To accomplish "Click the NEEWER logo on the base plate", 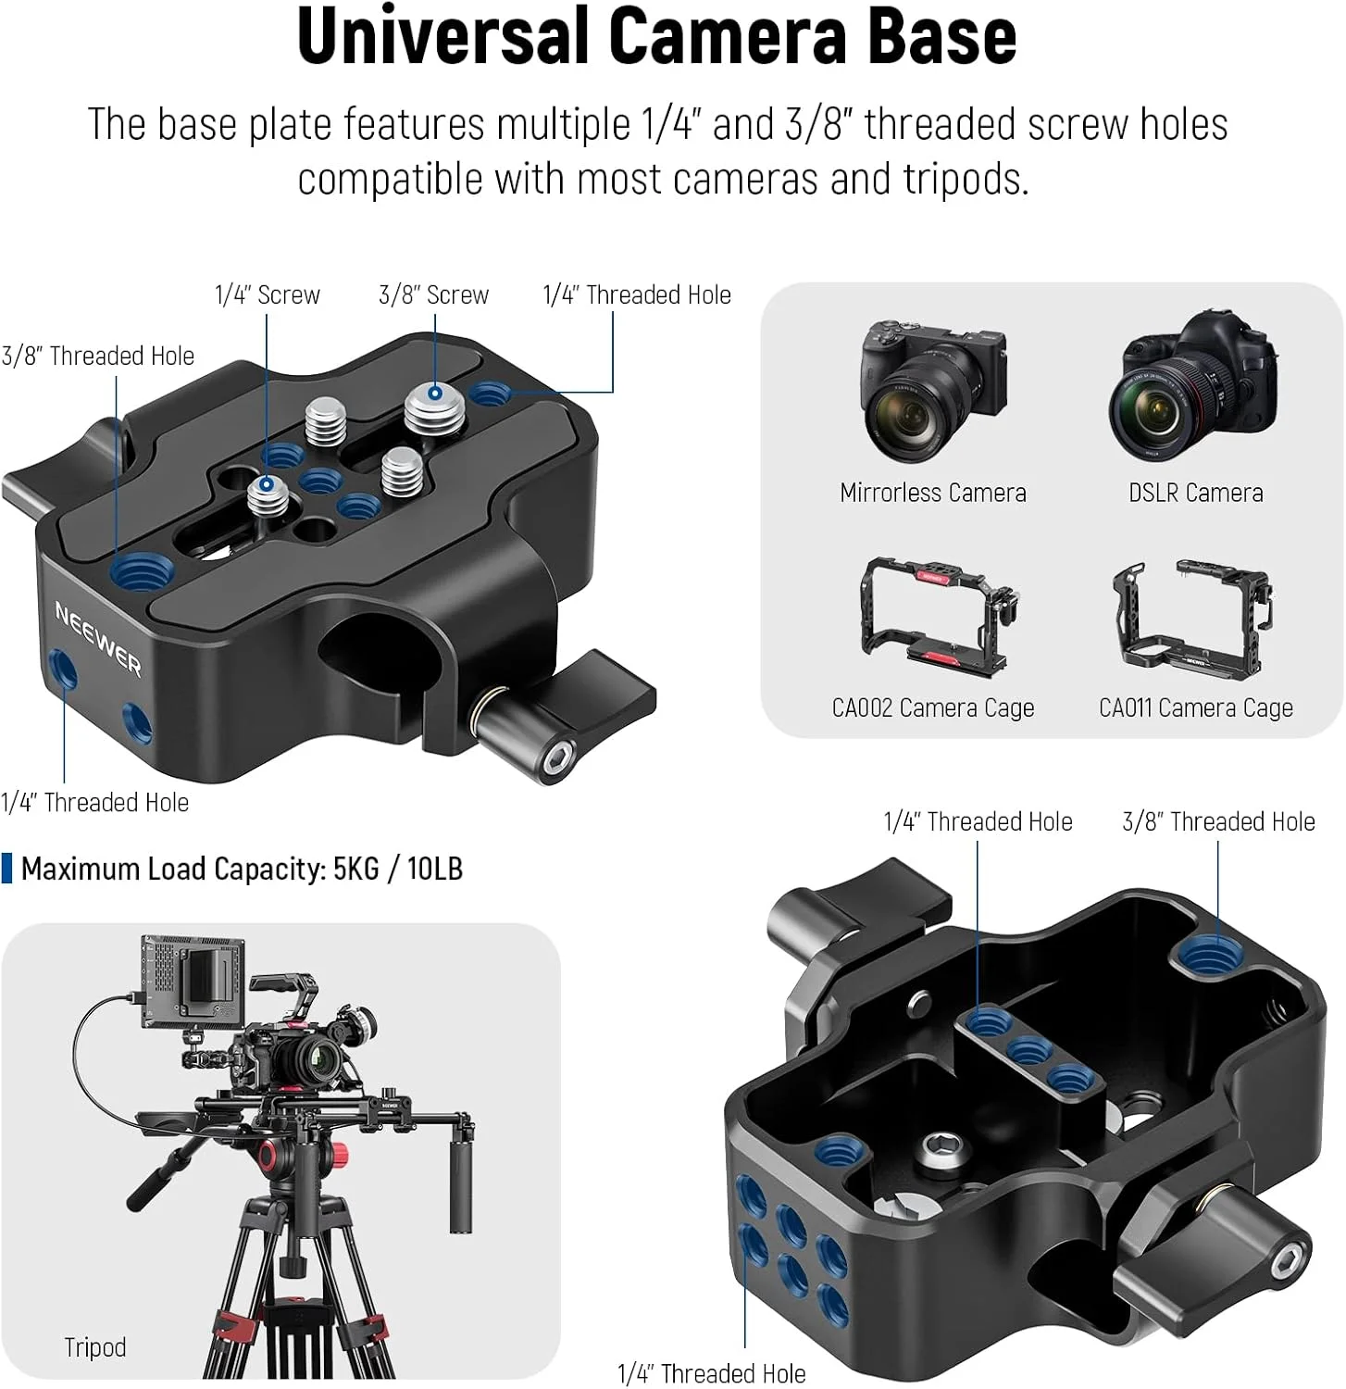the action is pyautogui.click(x=98, y=637).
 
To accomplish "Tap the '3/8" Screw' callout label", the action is pyautogui.click(x=433, y=294).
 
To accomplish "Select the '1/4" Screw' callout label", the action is pyautogui.click(x=267, y=294).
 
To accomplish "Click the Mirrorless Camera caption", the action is pyautogui.click(x=933, y=493).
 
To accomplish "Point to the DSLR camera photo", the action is pyautogui.click(x=1194, y=386).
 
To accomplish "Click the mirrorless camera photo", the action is pyautogui.click(x=932, y=391).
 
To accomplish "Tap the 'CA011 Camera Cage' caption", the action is pyautogui.click(x=1196, y=708).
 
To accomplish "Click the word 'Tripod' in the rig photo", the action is pyautogui.click(x=94, y=1347).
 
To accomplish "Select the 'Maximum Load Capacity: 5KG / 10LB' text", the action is pyautogui.click(x=242, y=869).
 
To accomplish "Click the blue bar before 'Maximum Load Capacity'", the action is pyautogui.click(x=7, y=869).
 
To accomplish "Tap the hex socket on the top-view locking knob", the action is pyautogui.click(x=556, y=759).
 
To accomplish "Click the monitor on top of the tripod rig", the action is pyautogui.click(x=193, y=982).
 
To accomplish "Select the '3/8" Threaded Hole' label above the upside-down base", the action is pyautogui.click(x=1218, y=821).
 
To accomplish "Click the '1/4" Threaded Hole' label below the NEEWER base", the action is pyautogui.click(x=94, y=802).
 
